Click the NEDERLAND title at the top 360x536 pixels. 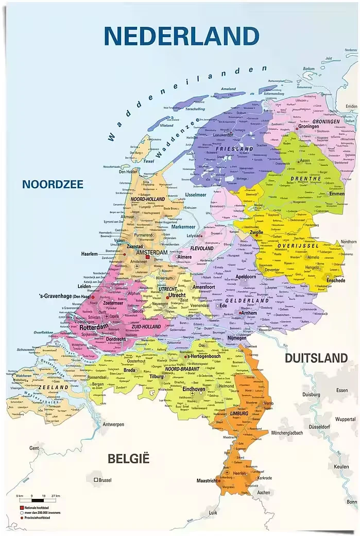[x=181, y=36]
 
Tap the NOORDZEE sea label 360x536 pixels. [x=52, y=185]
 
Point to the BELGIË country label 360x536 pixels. [x=128, y=458]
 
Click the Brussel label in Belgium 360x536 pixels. [x=104, y=480]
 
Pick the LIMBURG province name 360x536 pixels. [x=239, y=413]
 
